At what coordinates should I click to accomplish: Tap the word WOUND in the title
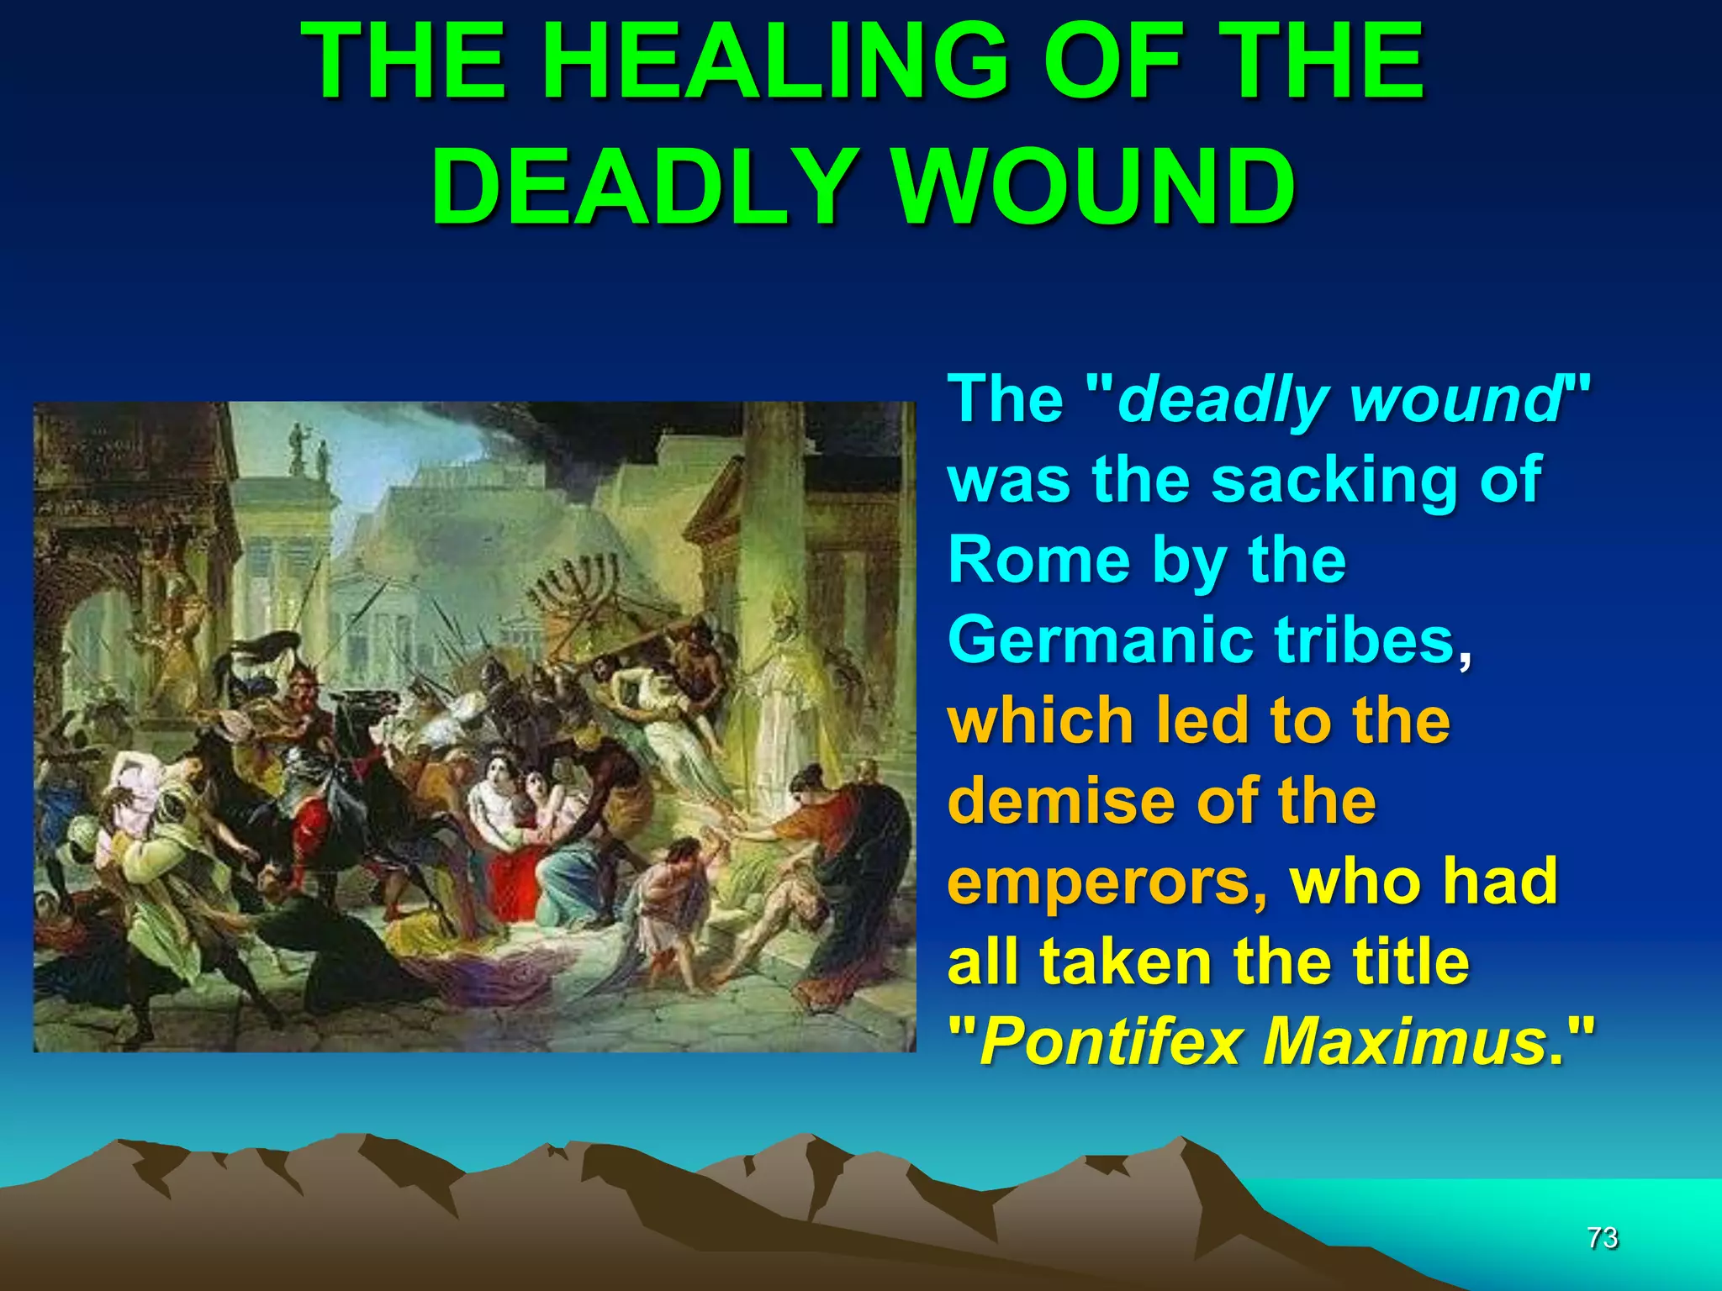(x=1092, y=187)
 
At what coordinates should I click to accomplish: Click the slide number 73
(x=1603, y=1237)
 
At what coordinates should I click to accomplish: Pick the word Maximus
(x=1404, y=1042)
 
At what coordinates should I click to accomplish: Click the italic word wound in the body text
(x=1455, y=400)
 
